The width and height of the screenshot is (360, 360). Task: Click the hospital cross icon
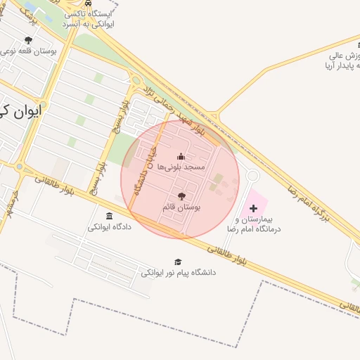point(254,208)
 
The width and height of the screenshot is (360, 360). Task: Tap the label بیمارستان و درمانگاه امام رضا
point(254,224)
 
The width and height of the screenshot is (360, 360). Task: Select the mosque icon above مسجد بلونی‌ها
point(181,156)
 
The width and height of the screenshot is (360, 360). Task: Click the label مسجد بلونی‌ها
point(181,167)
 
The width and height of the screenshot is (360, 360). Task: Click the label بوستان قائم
point(181,207)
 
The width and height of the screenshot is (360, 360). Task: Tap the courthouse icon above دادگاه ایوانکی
point(109,216)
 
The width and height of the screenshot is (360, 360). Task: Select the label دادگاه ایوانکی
point(109,227)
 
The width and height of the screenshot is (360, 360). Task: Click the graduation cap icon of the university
point(178,262)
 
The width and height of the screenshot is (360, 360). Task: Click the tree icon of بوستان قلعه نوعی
point(28,40)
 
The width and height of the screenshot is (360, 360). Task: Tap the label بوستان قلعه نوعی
point(28,51)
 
